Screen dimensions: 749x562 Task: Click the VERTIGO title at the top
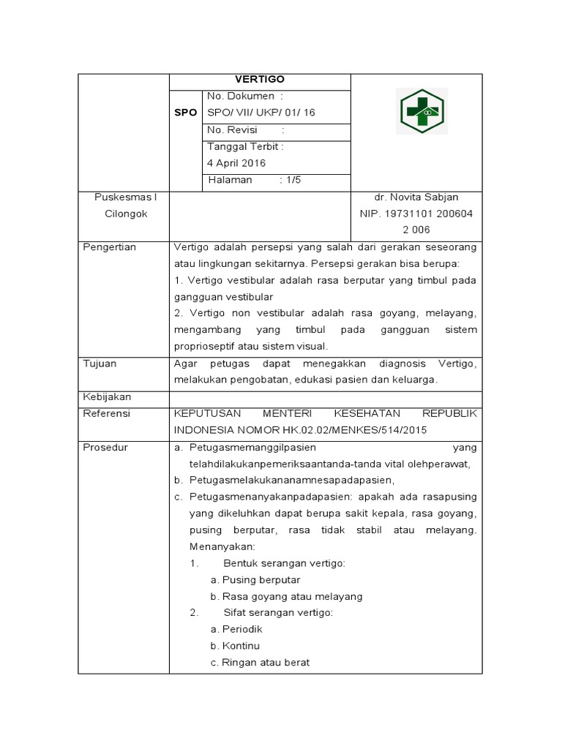click(x=260, y=80)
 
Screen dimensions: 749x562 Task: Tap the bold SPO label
click(x=186, y=113)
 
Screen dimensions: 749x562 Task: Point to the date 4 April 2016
click(x=236, y=163)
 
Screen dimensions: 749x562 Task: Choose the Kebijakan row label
click(x=107, y=396)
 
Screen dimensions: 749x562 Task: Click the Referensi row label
click(x=106, y=413)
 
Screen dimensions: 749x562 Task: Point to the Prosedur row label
click(x=105, y=447)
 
